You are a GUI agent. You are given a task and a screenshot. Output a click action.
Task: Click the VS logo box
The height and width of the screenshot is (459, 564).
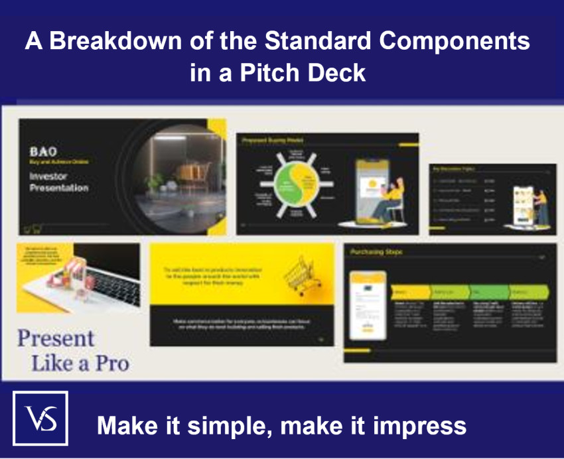(40, 418)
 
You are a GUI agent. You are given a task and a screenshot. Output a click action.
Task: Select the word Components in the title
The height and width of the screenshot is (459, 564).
(455, 41)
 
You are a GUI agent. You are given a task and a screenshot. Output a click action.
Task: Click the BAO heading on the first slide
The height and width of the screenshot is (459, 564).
(43, 151)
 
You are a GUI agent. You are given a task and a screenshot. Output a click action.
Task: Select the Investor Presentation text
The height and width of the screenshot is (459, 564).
(58, 182)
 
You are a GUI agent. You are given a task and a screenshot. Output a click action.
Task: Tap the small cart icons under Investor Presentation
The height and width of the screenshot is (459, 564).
(31, 229)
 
